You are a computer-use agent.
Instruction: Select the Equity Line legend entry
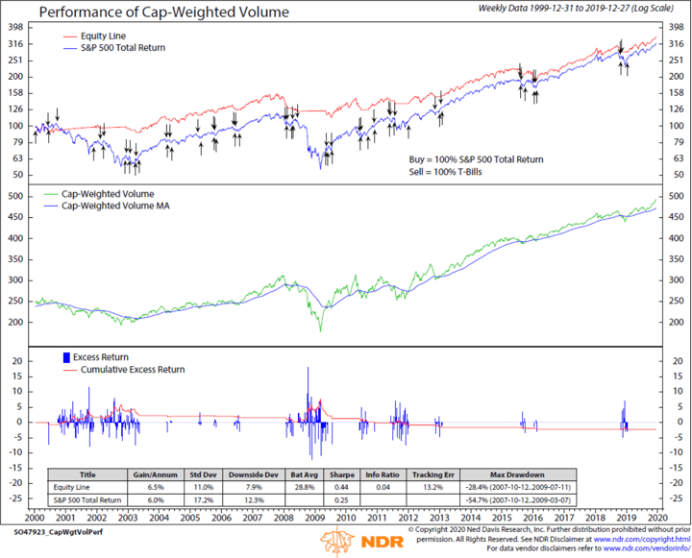92,35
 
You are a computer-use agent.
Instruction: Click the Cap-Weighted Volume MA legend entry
123,206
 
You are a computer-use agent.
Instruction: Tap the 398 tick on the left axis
16,28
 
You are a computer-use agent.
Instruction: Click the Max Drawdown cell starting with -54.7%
518,500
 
